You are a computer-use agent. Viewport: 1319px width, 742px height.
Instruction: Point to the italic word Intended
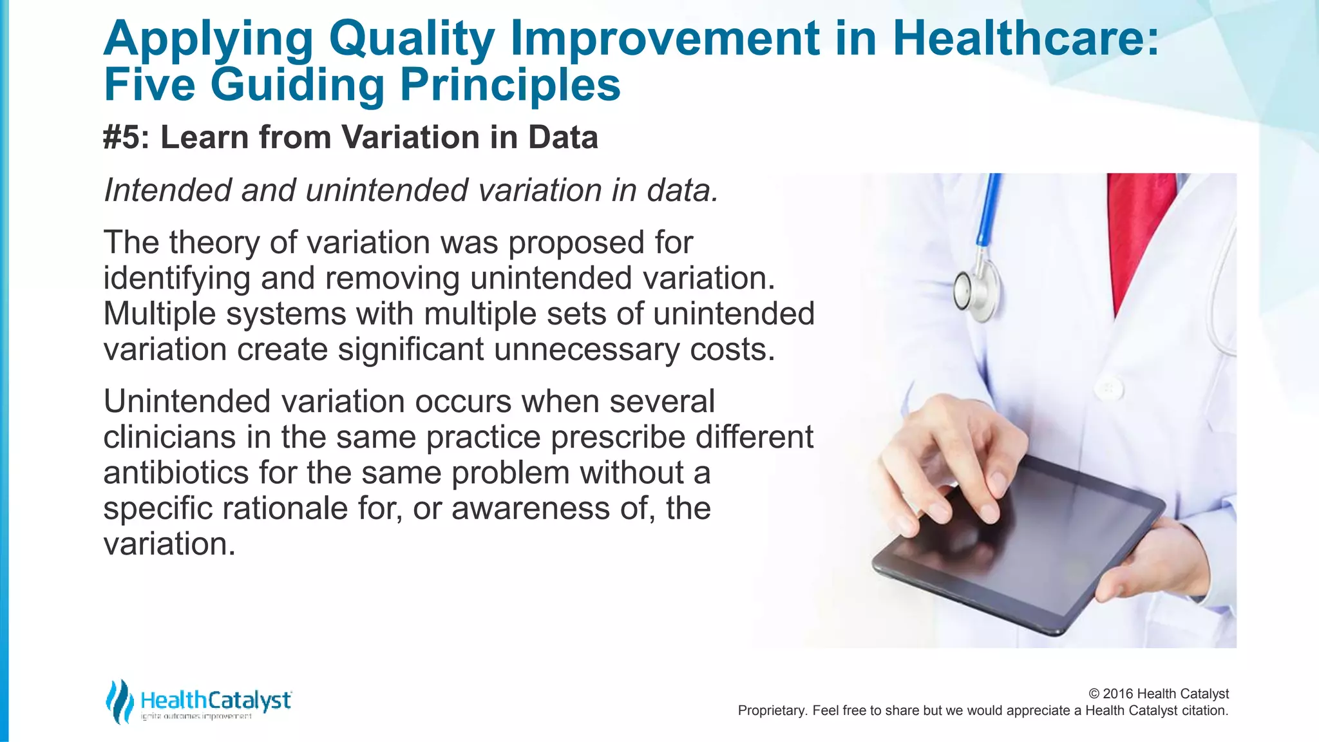[x=167, y=190]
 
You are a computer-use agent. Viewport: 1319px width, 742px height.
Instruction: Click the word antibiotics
[x=176, y=473]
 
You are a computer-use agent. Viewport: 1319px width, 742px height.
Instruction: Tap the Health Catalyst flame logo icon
[x=119, y=701]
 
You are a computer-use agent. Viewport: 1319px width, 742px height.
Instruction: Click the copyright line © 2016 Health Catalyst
[x=1158, y=694]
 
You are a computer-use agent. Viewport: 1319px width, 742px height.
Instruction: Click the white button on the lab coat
[x=1108, y=388]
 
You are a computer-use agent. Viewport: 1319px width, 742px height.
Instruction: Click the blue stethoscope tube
[x=989, y=213]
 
